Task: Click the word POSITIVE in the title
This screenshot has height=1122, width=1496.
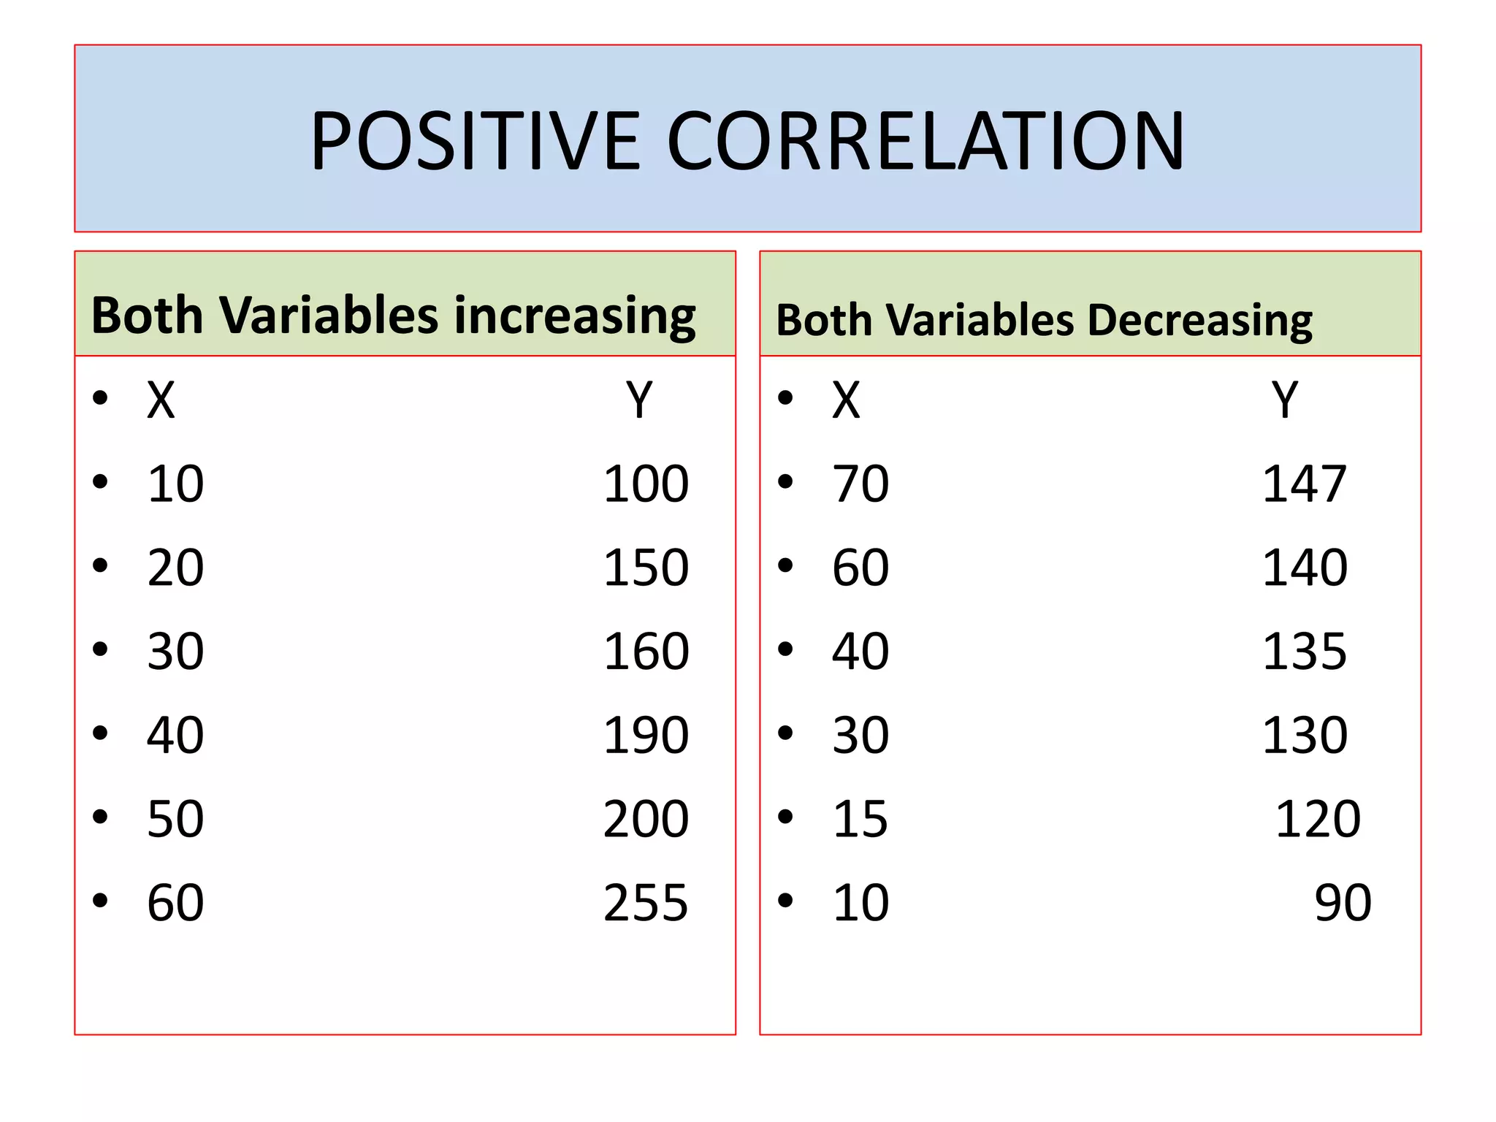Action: pos(476,140)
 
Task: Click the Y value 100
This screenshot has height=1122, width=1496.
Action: pos(646,484)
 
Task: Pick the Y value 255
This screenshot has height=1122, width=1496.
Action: pos(646,903)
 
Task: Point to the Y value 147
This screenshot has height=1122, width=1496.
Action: pos(1304,484)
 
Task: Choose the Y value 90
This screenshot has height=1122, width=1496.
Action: pos(1343,903)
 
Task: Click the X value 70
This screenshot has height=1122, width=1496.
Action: pos(860,484)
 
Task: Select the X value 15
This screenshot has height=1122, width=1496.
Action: pos(860,819)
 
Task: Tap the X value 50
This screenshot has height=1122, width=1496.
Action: pos(175,819)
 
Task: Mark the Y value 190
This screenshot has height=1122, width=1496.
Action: pos(646,735)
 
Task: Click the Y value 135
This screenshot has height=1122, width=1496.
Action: pos(1304,651)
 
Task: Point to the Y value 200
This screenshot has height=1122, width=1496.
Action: pos(646,819)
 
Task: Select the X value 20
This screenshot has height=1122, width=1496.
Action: pos(175,568)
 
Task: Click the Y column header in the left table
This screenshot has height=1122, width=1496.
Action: pos(639,400)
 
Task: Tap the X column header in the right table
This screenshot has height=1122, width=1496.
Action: pos(846,400)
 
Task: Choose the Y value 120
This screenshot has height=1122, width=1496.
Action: pos(1318,819)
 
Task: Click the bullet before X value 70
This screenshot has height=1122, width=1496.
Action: pos(785,482)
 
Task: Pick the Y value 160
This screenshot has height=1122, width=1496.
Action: pos(646,651)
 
